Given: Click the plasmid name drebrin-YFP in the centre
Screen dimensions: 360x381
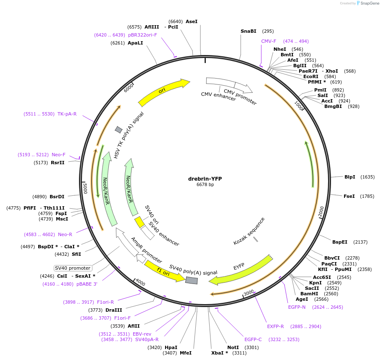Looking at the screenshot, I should click(205, 179).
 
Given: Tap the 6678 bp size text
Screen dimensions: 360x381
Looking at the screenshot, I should click(205, 184).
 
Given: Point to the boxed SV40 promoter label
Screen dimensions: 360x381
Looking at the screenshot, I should click(73, 268).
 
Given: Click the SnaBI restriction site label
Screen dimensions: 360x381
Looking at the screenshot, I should click(248, 31).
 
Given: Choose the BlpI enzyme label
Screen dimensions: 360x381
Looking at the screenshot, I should click(349, 177).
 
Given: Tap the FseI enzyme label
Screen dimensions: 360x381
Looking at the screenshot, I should click(349, 196).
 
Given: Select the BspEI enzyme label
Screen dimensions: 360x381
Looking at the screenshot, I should click(340, 242).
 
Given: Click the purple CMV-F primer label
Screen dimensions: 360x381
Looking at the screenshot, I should click(269, 41).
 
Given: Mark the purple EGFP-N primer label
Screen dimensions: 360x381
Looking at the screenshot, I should click(297, 307).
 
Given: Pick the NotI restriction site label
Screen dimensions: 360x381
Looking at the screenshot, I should click(233, 347).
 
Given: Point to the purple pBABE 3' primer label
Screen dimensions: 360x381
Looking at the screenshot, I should click(87, 284).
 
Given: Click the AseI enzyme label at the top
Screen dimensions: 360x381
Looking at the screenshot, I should click(191, 21).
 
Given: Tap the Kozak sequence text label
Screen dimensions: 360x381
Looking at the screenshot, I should click(249, 231).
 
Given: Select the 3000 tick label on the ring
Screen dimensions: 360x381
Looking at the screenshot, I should click(249, 292).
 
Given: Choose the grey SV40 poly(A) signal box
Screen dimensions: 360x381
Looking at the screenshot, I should click(192, 280).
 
